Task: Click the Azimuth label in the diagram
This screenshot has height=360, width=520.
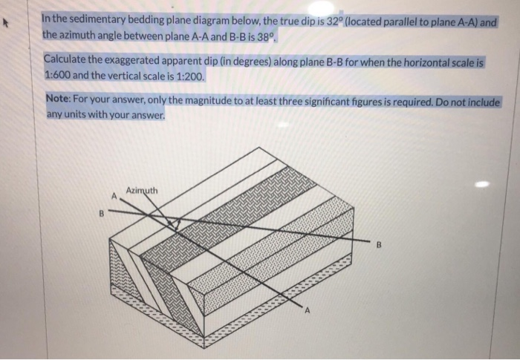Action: click(141, 190)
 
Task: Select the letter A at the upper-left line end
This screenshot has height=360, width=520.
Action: click(114, 197)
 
